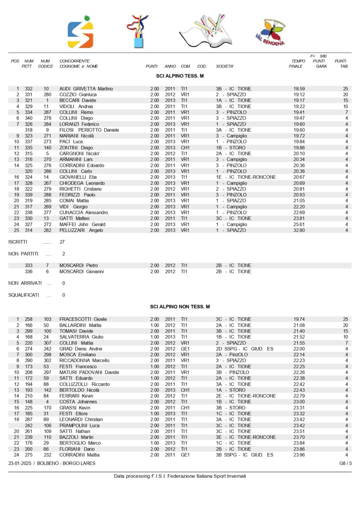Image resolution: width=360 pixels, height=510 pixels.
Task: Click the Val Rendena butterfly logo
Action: coord(271,33)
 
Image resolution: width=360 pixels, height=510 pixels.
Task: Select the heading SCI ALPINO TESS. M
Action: coord(180,76)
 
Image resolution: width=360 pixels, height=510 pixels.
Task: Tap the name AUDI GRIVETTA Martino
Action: coord(86,89)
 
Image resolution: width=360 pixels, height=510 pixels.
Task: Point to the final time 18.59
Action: coord(299,89)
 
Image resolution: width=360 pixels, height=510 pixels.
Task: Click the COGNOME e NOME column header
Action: coord(78,66)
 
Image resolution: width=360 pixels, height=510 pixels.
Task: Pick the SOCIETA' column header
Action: coord(225,66)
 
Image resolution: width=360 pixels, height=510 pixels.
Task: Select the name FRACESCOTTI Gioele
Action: coord(83,319)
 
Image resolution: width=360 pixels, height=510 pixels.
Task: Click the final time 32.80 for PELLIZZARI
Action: coord(299,230)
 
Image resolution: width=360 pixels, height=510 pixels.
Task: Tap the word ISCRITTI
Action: coord(18,242)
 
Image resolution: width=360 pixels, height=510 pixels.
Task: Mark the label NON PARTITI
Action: coord(23,254)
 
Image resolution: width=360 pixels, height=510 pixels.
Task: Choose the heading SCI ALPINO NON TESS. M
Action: coord(180,306)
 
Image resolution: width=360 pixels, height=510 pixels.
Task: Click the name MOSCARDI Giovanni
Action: coord(81,271)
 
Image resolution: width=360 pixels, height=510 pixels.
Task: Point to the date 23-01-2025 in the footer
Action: coord(20,463)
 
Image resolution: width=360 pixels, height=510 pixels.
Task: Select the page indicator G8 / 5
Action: coord(345,463)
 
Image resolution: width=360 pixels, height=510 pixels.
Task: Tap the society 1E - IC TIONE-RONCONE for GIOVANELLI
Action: coord(246,177)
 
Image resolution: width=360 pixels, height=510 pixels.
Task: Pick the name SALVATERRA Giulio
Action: coord(81,337)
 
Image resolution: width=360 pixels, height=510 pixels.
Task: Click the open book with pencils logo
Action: coord(205,31)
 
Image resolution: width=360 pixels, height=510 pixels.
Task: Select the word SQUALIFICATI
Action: coord(23,295)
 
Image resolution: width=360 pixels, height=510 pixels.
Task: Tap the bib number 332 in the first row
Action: coord(29,89)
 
